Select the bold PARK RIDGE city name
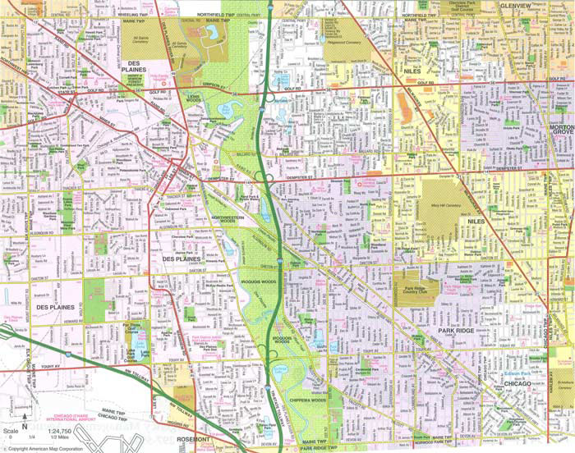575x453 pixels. [455, 330]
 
